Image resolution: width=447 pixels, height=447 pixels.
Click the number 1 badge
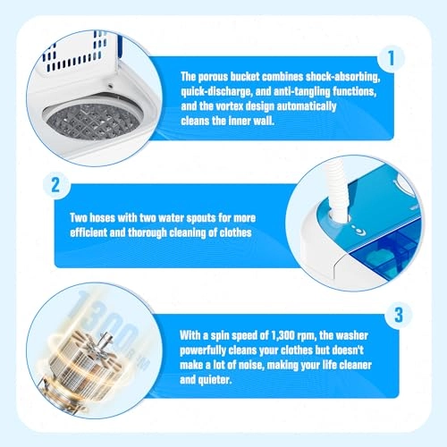tap(392, 58)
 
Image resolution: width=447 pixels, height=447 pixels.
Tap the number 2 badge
tap(55, 185)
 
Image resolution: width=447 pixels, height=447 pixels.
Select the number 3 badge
tap(399, 315)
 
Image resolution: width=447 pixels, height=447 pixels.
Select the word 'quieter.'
tap(206, 380)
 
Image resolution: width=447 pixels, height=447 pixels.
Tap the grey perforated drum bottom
tap(93, 122)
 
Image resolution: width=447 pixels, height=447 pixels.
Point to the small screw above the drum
tap(111, 86)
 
